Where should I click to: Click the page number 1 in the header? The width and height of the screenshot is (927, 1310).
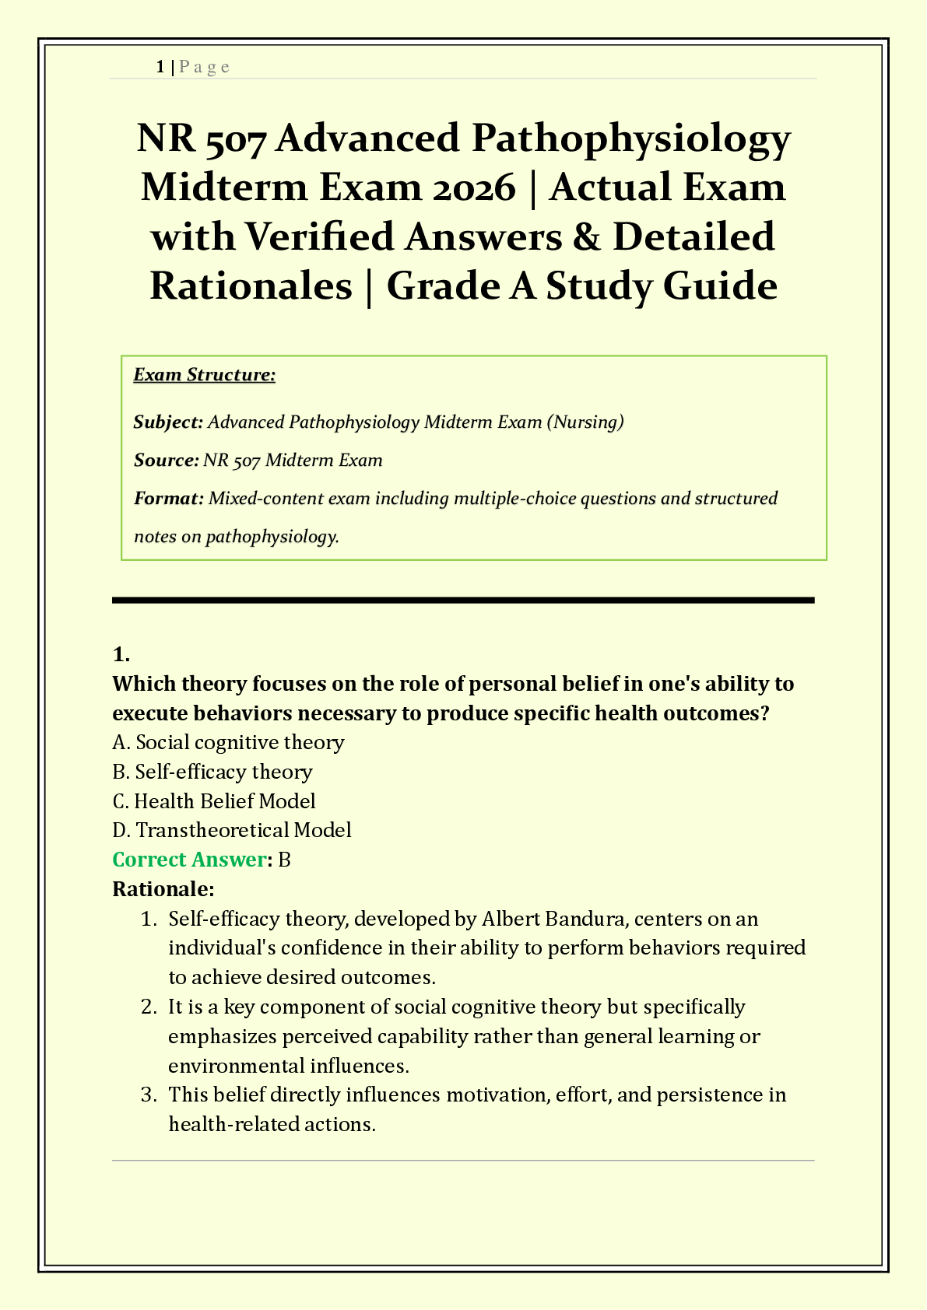pos(160,67)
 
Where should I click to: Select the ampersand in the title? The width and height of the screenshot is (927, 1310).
pos(586,236)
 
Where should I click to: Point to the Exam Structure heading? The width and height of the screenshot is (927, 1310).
pos(204,375)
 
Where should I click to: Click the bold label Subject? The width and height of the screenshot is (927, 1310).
pos(168,422)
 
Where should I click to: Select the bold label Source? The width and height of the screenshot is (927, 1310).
pos(166,461)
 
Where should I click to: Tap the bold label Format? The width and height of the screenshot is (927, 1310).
pos(168,499)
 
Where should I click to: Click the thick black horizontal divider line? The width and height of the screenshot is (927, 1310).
pos(463,600)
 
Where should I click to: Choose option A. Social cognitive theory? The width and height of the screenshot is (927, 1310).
pos(228,742)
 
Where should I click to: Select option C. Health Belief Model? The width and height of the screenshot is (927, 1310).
pos(214,801)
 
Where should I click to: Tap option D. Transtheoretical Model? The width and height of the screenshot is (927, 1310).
pos(232,830)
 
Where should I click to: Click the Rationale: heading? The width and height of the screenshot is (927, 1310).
pos(163,888)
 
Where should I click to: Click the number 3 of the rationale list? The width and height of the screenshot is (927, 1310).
pos(148,1095)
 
